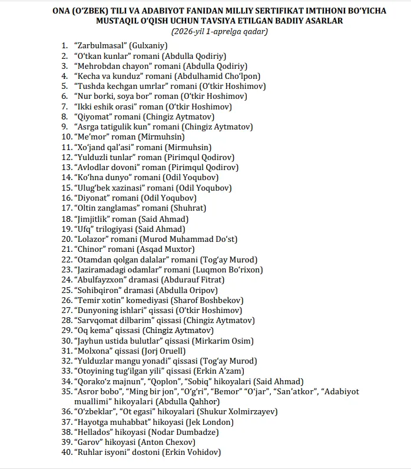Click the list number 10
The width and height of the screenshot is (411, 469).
tap(66, 137)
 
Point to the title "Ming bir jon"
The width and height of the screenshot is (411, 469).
tap(151, 391)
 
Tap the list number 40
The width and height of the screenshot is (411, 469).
tap(66, 453)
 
